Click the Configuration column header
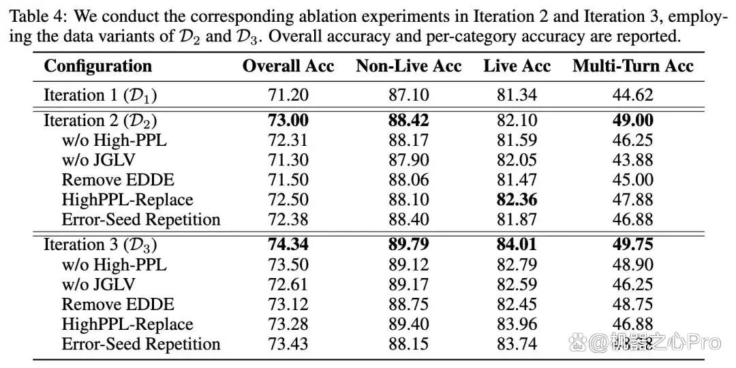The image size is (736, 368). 97,66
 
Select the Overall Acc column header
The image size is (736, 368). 288,66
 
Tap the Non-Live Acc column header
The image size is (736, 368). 408,66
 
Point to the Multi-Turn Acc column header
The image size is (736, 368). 632,66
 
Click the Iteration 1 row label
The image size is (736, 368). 100,95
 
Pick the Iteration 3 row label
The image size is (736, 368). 100,245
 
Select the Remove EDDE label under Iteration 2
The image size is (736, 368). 118,180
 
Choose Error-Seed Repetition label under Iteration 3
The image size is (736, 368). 141,344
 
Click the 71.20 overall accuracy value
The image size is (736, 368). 288,95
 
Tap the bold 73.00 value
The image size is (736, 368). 288,120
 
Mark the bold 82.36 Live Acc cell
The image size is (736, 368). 517,200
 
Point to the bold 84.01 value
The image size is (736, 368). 517,245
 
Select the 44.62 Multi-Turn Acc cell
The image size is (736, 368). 632,95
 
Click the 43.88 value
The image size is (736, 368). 632,160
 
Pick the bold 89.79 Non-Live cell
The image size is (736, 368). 408,245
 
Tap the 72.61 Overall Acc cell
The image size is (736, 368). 288,284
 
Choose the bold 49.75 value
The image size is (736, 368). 632,245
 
